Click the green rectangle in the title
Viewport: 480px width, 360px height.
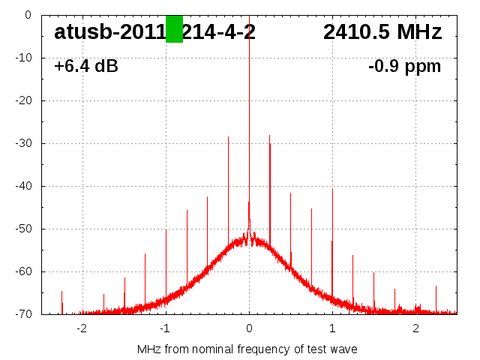(174, 29)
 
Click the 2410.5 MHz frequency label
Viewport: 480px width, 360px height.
(382, 32)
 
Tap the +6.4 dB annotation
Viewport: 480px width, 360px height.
(85, 67)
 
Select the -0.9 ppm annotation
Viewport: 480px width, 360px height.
(404, 67)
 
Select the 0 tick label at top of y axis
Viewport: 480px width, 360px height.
(28, 15)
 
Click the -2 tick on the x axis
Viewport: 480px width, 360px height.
(82, 328)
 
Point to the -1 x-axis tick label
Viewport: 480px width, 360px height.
(165, 328)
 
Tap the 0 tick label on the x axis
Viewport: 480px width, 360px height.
(249, 328)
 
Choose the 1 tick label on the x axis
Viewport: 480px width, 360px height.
(332, 328)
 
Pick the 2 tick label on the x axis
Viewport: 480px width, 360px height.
(415, 328)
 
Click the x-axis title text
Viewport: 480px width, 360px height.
(247, 349)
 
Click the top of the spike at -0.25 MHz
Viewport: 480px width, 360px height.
(228, 136)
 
